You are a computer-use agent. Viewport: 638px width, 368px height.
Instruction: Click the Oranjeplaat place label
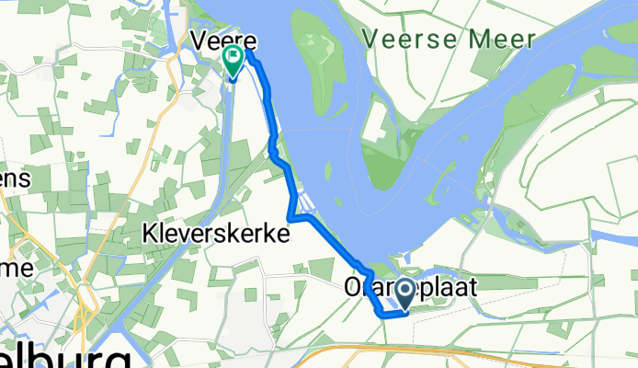tap(414, 287)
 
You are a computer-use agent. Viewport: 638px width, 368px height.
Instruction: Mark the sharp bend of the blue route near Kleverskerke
tap(291, 218)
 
